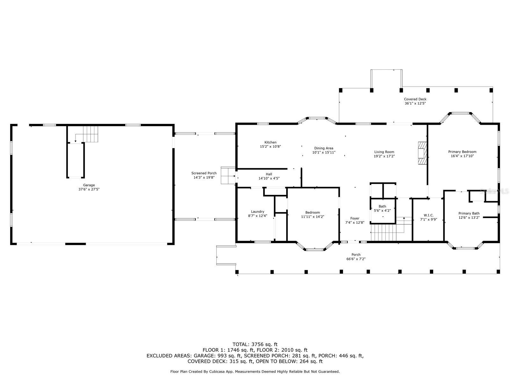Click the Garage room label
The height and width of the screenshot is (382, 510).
(x=89, y=185)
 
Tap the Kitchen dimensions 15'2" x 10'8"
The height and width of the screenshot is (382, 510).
(x=270, y=146)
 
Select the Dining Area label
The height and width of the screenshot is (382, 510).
(x=324, y=148)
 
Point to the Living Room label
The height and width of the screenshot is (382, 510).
(x=384, y=152)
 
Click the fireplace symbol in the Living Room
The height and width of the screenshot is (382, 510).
(x=422, y=153)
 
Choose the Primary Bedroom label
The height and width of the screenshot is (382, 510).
(x=462, y=152)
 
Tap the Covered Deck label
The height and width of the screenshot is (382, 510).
(x=415, y=99)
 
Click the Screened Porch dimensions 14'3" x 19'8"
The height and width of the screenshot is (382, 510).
(x=204, y=177)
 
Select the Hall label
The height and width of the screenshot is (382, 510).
(x=269, y=174)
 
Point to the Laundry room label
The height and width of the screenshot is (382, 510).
(x=258, y=211)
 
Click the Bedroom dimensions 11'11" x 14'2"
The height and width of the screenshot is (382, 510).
(x=312, y=217)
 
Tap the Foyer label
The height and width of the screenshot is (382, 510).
(x=354, y=218)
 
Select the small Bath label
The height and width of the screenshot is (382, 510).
(x=382, y=206)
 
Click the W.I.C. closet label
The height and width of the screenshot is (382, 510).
(x=428, y=215)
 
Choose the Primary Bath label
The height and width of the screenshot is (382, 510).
(x=469, y=213)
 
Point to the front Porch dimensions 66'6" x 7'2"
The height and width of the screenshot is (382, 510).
(x=356, y=259)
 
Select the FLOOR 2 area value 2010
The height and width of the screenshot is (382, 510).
(x=288, y=350)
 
